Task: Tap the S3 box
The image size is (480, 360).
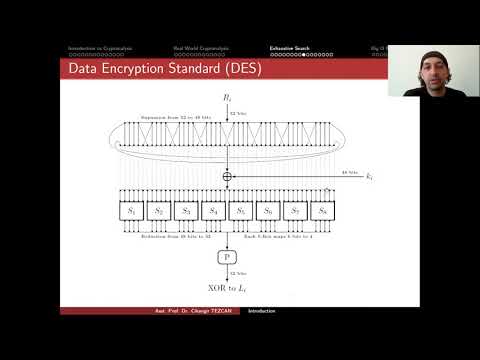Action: tap(186, 212)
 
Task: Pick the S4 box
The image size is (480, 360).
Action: tap(213, 212)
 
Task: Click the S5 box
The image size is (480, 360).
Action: tap(241, 212)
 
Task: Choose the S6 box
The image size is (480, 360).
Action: tap(268, 212)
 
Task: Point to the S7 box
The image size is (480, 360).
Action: tap(295, 212)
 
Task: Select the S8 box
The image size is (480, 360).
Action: tap(322, 212)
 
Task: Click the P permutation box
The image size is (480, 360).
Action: tap(227, 258)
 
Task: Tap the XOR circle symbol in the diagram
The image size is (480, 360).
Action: tap(227, 176)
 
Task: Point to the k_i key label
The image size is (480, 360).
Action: tap(369, 177)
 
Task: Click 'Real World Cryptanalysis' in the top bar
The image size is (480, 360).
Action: tap(198, 48)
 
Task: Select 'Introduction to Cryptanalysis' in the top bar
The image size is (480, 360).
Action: tap(100, 48)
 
